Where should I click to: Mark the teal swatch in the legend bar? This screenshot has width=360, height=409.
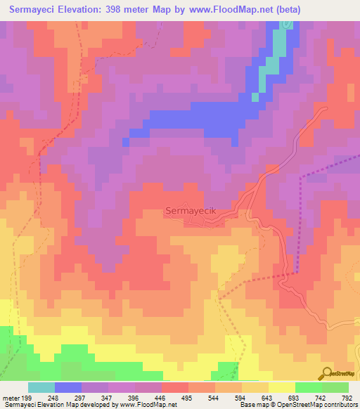point(41,387)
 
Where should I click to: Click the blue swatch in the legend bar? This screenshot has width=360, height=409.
point(68,387)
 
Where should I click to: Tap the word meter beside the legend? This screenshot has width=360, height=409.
point(11,398)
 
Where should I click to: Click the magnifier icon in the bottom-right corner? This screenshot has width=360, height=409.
point(326,372)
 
